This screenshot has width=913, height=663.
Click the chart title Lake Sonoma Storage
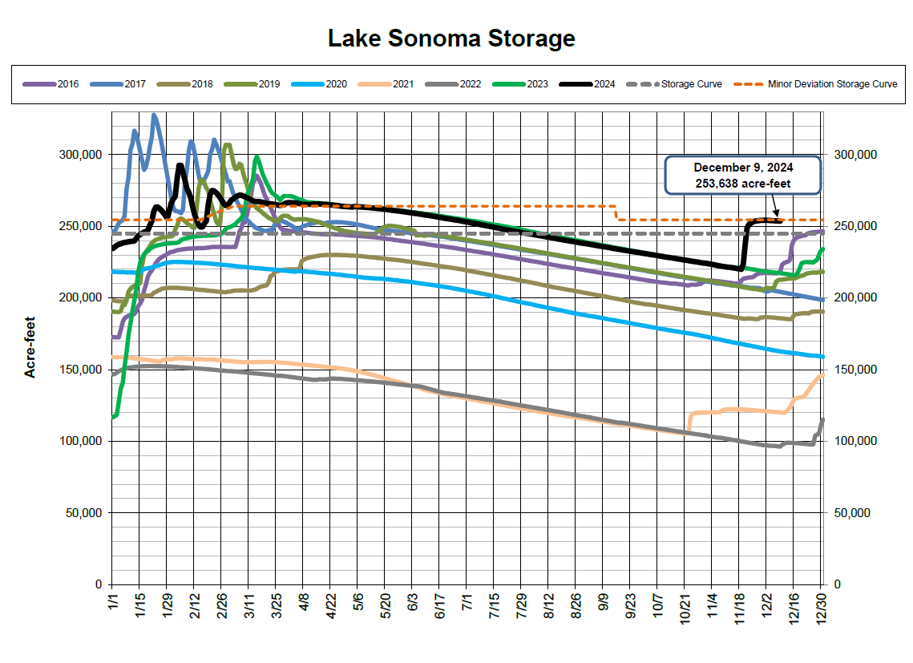point(451,38)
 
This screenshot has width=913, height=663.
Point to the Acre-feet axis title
point(30,348)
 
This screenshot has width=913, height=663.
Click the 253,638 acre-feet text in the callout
point(743,183)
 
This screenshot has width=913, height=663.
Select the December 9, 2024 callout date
point(743,168)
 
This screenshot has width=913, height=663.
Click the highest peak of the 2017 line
point(154,115)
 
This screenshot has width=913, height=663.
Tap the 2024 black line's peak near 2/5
point(180,165)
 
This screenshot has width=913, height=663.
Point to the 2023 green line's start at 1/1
point(112,417)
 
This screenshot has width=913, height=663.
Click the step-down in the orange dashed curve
point(616,212)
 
